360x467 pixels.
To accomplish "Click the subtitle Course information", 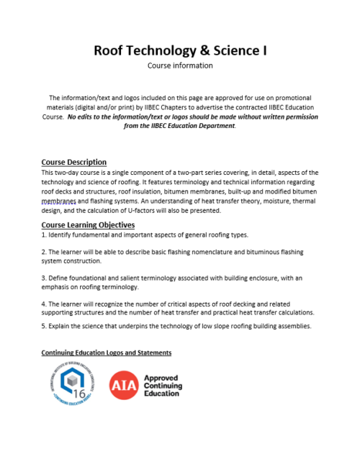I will click(180, 65).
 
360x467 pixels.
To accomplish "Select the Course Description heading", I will click(74, 162).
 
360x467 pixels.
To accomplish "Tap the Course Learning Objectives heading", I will click(88, 225).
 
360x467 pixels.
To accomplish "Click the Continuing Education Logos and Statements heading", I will click(106, 353).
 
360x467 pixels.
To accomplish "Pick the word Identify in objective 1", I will click(62, 235).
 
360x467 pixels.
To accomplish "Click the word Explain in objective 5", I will click(60, 326).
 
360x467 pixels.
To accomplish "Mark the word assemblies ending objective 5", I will click(292, 326).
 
